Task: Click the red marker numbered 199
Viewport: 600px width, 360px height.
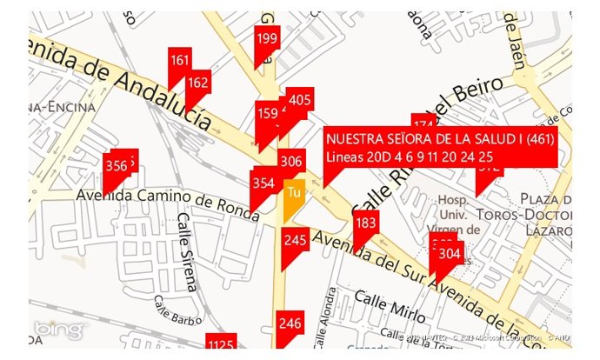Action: (x=267, y=38)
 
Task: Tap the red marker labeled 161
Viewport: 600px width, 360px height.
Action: (x=180, y=61)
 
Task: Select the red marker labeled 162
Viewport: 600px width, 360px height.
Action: (x=198, y=83)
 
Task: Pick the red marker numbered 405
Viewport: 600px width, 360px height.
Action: (x=299, y=100)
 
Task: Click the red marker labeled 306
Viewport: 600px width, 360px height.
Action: (x=291, y=161)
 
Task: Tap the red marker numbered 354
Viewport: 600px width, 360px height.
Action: (x=263, y=183)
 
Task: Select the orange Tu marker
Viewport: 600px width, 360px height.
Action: (x=294, y=193)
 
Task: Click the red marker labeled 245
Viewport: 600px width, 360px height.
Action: (x=296, y=240)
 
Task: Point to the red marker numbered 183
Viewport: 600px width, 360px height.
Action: (x=366, y=223)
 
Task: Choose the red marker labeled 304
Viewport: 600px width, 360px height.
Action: (x=450, y=254)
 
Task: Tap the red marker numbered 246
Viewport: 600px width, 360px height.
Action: (x=290, y=323)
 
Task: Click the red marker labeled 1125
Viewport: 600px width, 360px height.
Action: (x=221, y=345)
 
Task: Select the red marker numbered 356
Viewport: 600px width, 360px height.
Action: (x=116, y=166)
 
